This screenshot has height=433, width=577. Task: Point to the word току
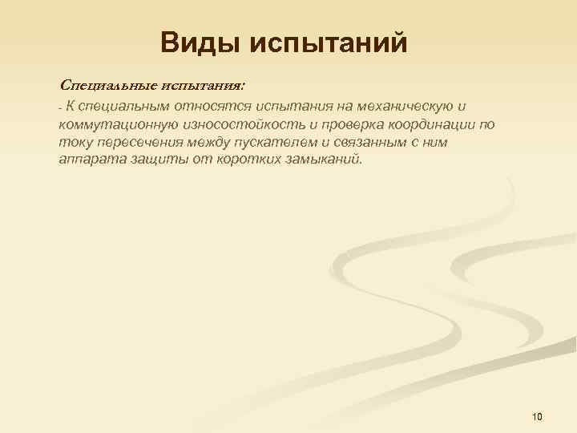click(73, 142)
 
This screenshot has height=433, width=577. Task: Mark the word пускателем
click(278, 142)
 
